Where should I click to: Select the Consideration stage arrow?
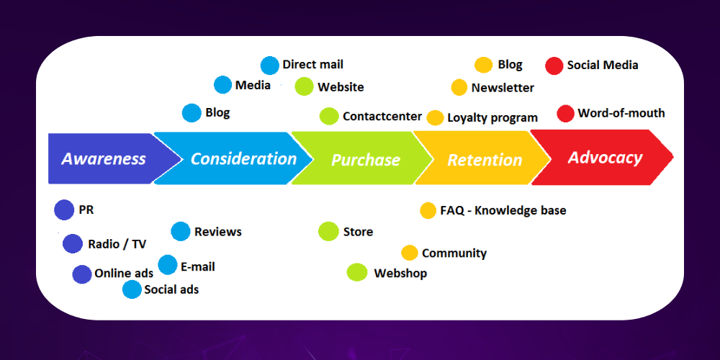(x=234, y=158)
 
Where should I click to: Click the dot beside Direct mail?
(x=269, y=66)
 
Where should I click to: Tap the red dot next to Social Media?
(x=554, y=66)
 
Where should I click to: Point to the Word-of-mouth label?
(x=621, y=113)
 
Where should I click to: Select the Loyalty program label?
(x=492, y=118)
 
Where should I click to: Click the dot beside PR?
(x=64, y=210)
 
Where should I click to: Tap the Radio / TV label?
(x=117, y=244)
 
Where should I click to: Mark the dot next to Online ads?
(x=82, y=274)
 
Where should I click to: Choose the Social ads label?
(x=171, y=289)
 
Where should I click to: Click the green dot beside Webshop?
(x=357, y=272)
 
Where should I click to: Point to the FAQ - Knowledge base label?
(x=503, y=210)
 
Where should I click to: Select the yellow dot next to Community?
(x=409, y=253)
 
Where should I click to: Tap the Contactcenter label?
(x=382, y=116)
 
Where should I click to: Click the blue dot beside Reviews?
(x=181, y=231)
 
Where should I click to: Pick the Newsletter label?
(x=503, y=88)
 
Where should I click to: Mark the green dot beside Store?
(x=328, y=231)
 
